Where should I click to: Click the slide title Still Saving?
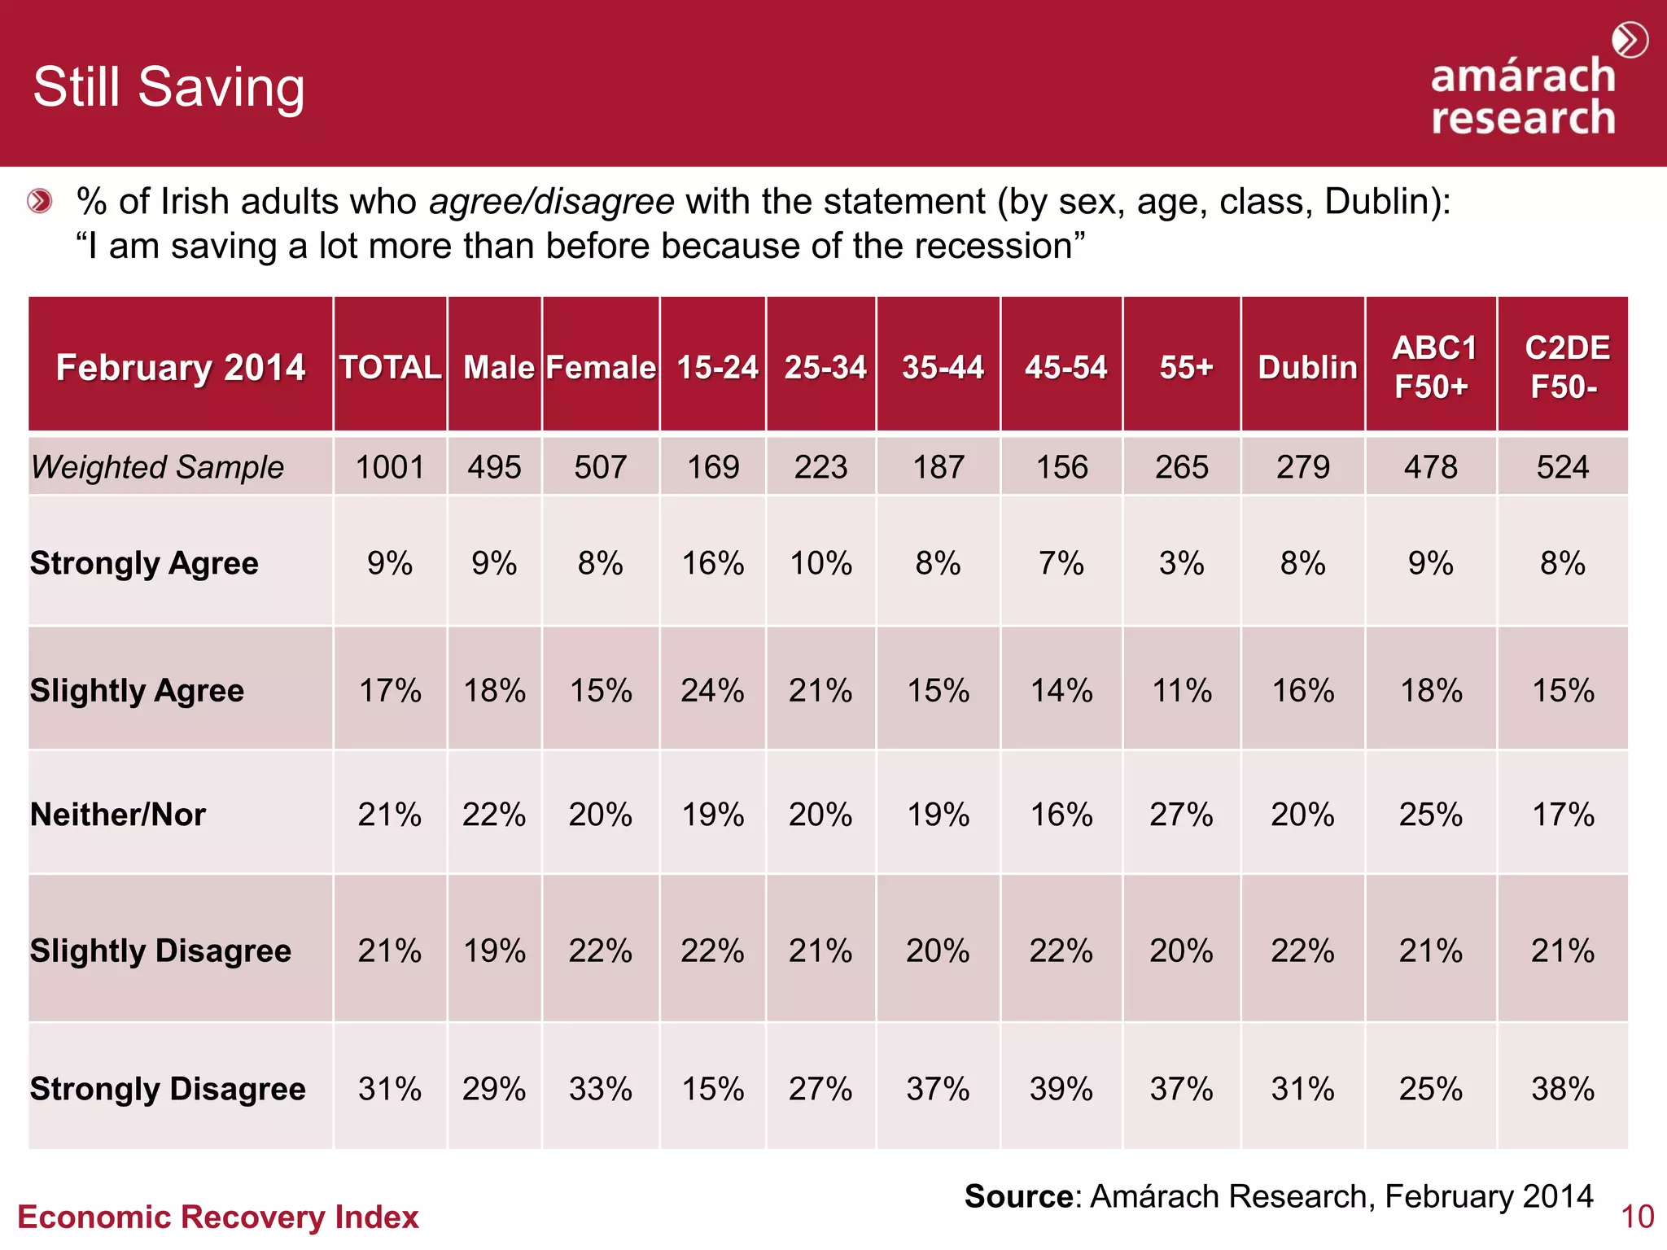(x=168, y=87)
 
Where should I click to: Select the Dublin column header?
(x=1306, y=367)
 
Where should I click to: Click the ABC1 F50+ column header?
(x=1433, y=367)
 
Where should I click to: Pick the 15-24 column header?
(x=716, y=367)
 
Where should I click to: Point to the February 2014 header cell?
(x=180, y=367)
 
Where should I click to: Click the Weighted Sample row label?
(x=157, y=467)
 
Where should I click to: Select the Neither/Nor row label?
(x=118, y=814)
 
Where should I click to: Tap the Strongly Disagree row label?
(x=168, y=1088)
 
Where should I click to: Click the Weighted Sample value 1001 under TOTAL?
(x=390, y=467)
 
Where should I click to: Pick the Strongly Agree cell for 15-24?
(x=712, y=563)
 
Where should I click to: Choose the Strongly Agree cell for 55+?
(x=1181, y=563)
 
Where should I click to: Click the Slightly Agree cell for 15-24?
(x=712, y=690)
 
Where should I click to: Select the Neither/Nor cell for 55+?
(x=1181, y=814)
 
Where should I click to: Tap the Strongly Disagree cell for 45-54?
(x=1061, y=1088)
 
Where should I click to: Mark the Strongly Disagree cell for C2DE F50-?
(x=1562, y=1088)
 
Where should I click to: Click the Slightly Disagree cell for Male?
(x=494, y=950)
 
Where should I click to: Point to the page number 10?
(x=1637, y=1217)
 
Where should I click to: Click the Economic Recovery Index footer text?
(x=217, y=1217)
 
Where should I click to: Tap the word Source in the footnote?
(x=1018, y=1196)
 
